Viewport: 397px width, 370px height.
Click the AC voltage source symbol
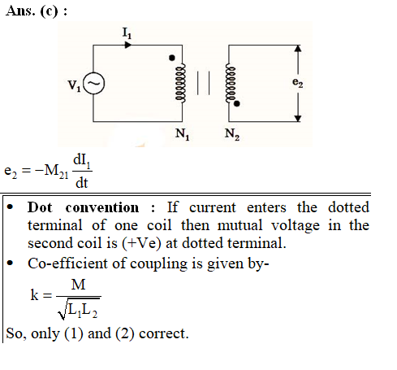(93, 83)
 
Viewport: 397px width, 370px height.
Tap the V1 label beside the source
(74, 85)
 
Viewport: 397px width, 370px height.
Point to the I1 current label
(127, 33)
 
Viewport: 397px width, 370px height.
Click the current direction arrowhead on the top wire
(127, 45)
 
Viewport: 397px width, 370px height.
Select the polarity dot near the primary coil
(172, 58)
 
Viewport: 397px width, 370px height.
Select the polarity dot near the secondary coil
(237, 103)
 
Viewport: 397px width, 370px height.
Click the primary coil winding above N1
(180, 83)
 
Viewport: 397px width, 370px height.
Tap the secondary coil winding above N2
(231, 83)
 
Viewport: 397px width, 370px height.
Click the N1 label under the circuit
(182, 134)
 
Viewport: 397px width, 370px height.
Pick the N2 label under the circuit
(232, 134)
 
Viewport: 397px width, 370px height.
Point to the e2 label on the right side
(297, 82)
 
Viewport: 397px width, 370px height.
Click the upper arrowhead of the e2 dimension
(298, 48)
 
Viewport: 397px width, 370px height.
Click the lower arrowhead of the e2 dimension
(298, 118)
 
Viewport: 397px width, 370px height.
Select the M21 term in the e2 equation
(56, 172)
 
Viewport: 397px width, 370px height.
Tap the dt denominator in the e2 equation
(81, 183)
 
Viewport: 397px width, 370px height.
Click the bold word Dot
(40, 207)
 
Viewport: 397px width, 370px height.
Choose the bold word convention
(102, 208)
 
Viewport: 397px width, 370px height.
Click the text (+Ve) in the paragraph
(141, 243)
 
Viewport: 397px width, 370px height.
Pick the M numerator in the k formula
(78, 285)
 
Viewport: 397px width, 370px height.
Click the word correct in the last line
(163, 333)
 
